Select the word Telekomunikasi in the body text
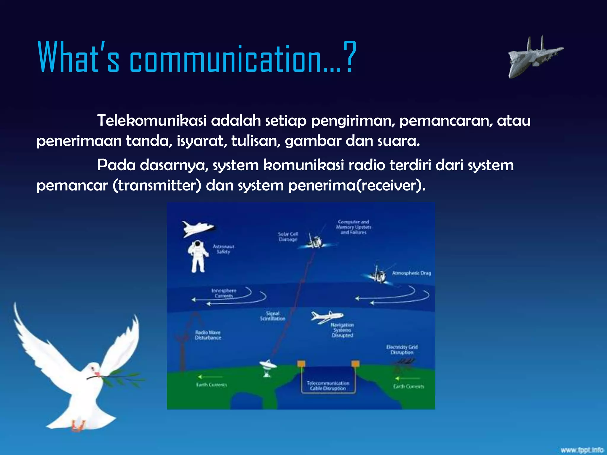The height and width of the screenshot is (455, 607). click(x=151, y=121)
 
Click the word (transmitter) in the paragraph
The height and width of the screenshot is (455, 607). click(x=157, y=186)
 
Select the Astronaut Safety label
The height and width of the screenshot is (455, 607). click(x=223, y=249)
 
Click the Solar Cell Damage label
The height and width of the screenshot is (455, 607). click(x=288, y=236)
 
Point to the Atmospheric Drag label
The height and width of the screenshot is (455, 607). click(x=411, y=273)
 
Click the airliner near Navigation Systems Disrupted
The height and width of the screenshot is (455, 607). click(x=326, y=317)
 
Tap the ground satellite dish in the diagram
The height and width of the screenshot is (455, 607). click(x=267, y=368)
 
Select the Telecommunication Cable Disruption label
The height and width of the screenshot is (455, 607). click(x=328, y=386)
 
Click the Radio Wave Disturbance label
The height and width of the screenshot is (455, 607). click(x=208, y=335)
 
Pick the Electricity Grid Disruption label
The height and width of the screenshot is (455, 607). click(x=402, y=350)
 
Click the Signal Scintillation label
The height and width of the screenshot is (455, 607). click(x=272, y=316)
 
